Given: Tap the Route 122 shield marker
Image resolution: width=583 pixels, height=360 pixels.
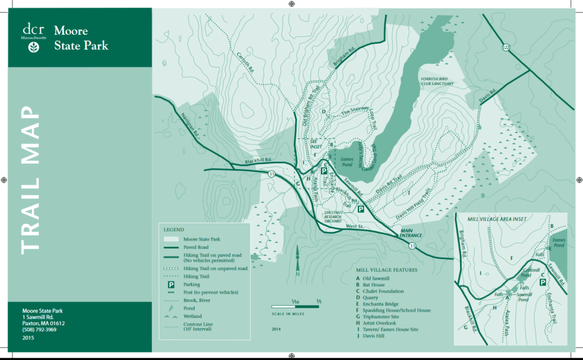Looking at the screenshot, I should (x=506, y=47).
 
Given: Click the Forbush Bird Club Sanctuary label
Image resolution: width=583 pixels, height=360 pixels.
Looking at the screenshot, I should (x=437, y=80).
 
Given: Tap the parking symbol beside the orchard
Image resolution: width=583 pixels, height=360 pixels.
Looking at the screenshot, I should (x=360, y=209).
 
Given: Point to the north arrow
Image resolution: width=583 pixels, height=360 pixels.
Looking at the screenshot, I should (x=297, y=259).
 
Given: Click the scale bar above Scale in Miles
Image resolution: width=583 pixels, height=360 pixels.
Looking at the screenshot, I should (x=295, y=306).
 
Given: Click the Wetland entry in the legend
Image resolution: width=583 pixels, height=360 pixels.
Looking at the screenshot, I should (x=191, y=316).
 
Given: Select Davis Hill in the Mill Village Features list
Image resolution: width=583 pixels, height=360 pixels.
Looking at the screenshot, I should (x=373, y=336).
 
